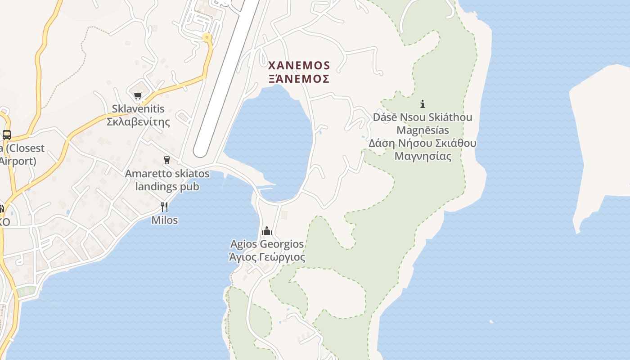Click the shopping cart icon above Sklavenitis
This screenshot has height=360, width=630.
click(x=138, y=95)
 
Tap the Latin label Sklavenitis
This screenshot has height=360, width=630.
click(x=138, y=109)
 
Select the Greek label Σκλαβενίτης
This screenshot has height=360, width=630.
click(x=138, y=121)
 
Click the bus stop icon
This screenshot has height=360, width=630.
click(x=6, y=135)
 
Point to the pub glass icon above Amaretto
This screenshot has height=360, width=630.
click(x=167, y=160)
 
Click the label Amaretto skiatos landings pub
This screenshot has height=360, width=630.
click(x=167, y=180)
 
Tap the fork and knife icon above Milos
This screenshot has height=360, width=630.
click(x=164, y=207)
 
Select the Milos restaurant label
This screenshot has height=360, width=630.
click(x=164, y=220)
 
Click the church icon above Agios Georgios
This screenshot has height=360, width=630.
click(x=267, y=231)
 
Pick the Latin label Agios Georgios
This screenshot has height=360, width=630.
click(x=267, y=244)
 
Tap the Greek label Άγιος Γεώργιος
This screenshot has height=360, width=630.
click(x=267, y=257)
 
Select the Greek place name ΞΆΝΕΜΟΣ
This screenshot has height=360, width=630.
click(x=299, y=79)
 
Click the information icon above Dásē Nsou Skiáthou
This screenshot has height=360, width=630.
click(x=423, y=104)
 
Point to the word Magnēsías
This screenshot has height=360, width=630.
click(x=423, y=130)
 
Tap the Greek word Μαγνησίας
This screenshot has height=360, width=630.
click(x=423, y=157)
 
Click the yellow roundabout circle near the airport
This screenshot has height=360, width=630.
click(x=207, y=38)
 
